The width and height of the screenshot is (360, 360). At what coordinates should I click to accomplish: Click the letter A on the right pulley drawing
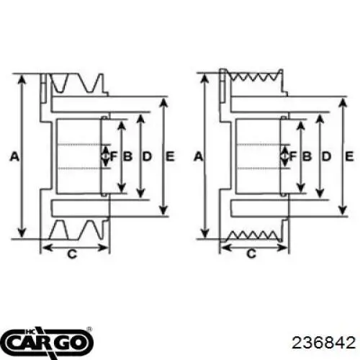click(x=197, y=156)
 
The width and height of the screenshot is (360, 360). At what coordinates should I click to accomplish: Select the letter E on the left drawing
click(x=169, y=156)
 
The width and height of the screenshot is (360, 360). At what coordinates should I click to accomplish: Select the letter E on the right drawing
click(x=348, y=156)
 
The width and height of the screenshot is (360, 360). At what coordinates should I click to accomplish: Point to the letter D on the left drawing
click(x=147, y=156)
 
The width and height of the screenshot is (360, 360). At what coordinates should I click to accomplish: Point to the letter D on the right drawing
click(x=326, y=156)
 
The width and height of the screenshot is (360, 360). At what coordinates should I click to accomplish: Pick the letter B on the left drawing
click(x=128, y=156)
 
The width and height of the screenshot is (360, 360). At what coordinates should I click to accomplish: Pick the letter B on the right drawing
click(x=306, y=156)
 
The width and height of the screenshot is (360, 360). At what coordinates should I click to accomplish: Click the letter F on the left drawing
click(x=114, y=156)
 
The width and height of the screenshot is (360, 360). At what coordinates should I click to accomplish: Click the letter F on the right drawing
click(x=293, y=156)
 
